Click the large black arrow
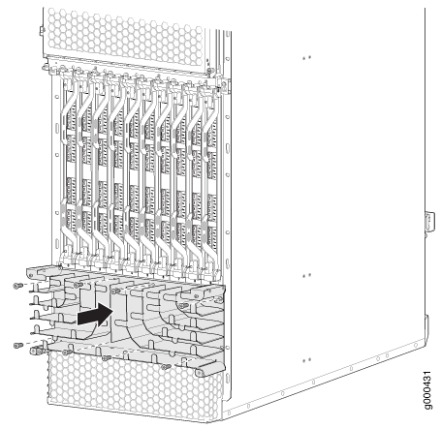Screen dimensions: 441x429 [96, 315]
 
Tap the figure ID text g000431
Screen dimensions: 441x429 [427, 390]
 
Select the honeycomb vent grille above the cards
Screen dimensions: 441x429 [125, 37]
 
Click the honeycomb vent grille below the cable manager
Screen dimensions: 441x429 [134, 384]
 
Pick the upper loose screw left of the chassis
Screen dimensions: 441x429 [17, 286]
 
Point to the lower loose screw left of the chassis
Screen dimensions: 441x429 [17, 346]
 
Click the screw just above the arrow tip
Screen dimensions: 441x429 [114, 291]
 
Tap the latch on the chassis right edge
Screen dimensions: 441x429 [430, 222]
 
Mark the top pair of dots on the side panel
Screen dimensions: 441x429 [306, 58]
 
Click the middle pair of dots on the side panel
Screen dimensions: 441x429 [306, 276]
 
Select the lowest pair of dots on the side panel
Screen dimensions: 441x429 [306, 360]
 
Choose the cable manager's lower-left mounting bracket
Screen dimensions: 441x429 [38, 349]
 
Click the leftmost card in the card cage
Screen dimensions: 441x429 [71, 168]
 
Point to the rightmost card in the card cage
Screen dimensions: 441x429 [210, 174]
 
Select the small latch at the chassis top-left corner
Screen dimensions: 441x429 [42, 31]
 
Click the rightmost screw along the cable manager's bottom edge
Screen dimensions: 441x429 [166, 367]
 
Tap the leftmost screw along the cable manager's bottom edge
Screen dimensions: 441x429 [67, 352]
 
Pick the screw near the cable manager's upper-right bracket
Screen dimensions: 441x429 [183, 305]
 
